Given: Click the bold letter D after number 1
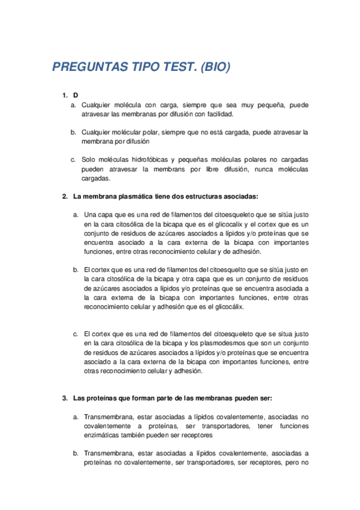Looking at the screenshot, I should click(x=76, y=95).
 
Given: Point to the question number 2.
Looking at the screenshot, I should click(x=64, y=196).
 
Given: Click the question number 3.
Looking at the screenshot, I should click(x=64, y=398).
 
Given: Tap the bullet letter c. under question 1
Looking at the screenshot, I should click(x=73, y=159).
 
